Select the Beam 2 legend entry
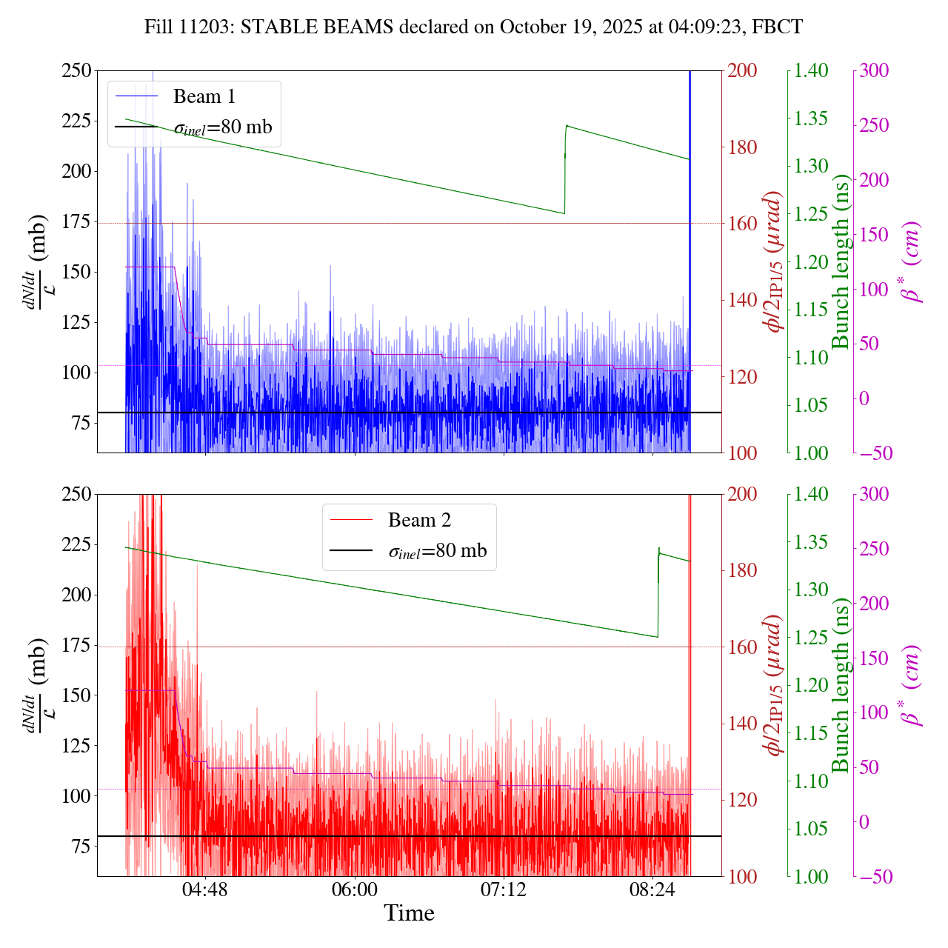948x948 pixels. (418, 521)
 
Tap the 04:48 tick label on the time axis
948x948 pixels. (205, 889)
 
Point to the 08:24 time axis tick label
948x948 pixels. (652, 889)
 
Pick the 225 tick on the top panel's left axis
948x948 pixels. (76, 121)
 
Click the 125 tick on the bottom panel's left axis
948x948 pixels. (76, 746)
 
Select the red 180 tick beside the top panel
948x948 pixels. (743, 147)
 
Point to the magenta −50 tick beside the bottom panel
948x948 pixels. (875, 877)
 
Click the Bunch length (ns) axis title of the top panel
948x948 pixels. (841, 261)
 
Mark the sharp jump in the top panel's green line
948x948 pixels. (565, 170)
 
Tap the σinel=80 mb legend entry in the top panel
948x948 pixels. (222, 127)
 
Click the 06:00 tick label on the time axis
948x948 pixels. (355, 889)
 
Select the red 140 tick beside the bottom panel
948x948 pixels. (743, 724)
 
